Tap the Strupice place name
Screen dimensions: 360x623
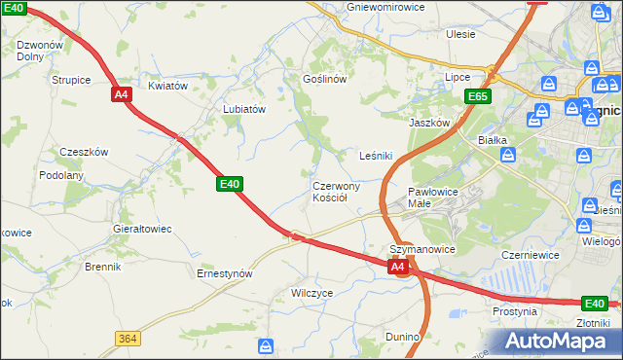tap(71, 80)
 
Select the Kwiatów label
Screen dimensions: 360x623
tap(167, 86)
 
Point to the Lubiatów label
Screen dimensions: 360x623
tap(244, 110)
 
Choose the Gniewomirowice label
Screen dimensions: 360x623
tap(385, 6)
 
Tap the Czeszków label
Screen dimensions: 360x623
tap(84, 152)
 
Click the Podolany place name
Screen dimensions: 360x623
tap(61, 175)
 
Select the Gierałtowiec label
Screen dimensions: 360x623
tap(143, 229)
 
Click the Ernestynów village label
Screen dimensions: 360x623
tap(225, 274)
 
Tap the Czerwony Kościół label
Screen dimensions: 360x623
tap(337, 191)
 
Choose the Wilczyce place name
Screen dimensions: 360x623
tap(311, 292)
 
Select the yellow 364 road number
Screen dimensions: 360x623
tap(126, 338)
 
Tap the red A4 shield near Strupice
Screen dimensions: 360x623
tap(121, 94)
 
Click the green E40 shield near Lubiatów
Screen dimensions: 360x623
tap(230, 183)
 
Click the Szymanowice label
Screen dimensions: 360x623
tap(422, 250)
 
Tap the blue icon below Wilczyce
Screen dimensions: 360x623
tap(266, 345)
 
